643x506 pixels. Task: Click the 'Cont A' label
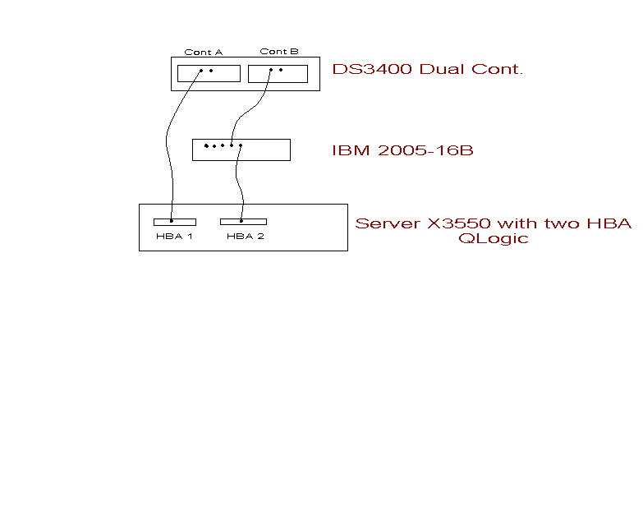click(203, 53)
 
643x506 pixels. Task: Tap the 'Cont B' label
click(273, 52)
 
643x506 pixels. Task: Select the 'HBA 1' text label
click(174, 237)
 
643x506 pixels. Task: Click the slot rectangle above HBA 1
click(174, 222)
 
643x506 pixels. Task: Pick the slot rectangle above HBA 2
click(243, 222)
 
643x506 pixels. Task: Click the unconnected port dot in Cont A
click(211, 71)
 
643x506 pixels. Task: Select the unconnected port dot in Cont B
click(281, 70)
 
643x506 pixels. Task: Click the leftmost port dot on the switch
click(206, 146)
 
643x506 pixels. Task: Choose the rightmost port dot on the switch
click(241, 146)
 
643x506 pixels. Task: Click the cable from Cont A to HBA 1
click(168, 140)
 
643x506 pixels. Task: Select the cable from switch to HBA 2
click(237, 185)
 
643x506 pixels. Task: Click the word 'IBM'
click(348, 150)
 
